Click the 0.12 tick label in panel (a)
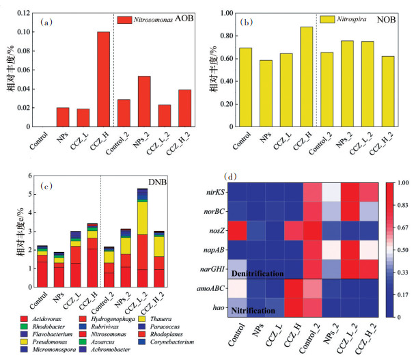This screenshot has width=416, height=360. (23, 13)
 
